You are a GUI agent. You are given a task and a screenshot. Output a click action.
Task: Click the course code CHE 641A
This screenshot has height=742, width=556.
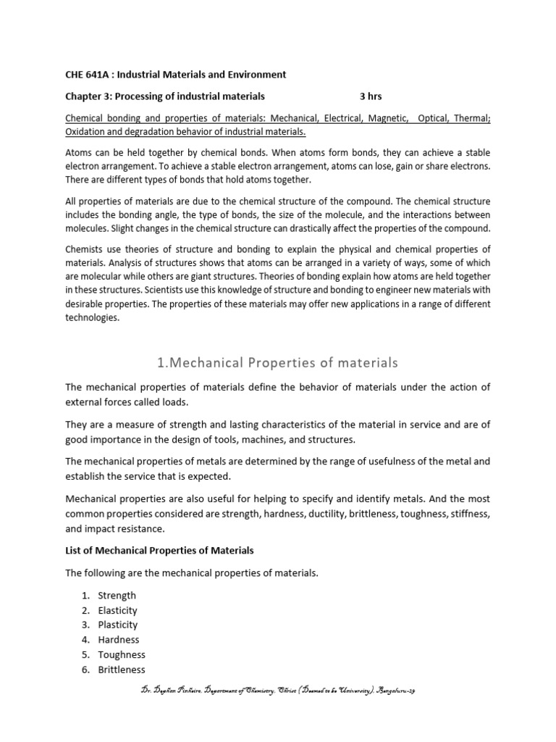pos(90,75)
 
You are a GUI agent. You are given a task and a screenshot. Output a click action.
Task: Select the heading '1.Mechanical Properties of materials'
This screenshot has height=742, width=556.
pos(278,362)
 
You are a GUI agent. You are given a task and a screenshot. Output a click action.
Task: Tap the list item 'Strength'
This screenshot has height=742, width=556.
pos(117,596)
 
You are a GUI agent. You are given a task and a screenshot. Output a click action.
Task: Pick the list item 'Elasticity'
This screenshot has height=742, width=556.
pos(117,610)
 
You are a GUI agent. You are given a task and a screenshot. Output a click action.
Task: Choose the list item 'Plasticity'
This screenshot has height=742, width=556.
pos(117,625)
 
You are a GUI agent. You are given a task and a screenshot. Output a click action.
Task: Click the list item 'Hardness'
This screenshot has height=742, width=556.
pos(119,640)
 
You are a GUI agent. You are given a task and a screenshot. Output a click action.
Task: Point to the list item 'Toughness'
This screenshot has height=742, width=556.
pos(122,654)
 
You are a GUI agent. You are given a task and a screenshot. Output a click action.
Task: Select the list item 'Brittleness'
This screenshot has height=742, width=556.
pos(122,670)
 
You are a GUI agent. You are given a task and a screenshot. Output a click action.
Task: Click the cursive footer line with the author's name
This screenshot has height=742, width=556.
pos(278,691)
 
